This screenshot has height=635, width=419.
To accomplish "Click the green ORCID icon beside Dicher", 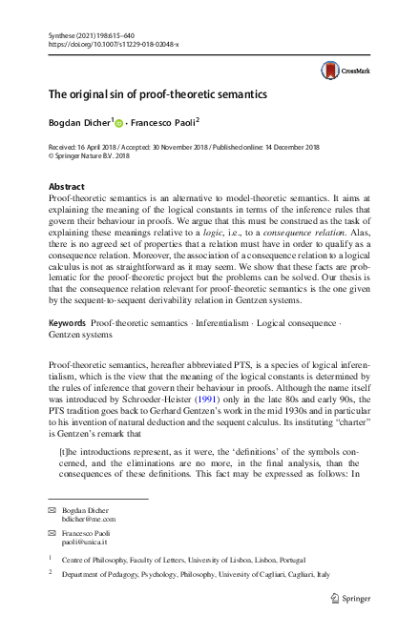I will tap(120, 122).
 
